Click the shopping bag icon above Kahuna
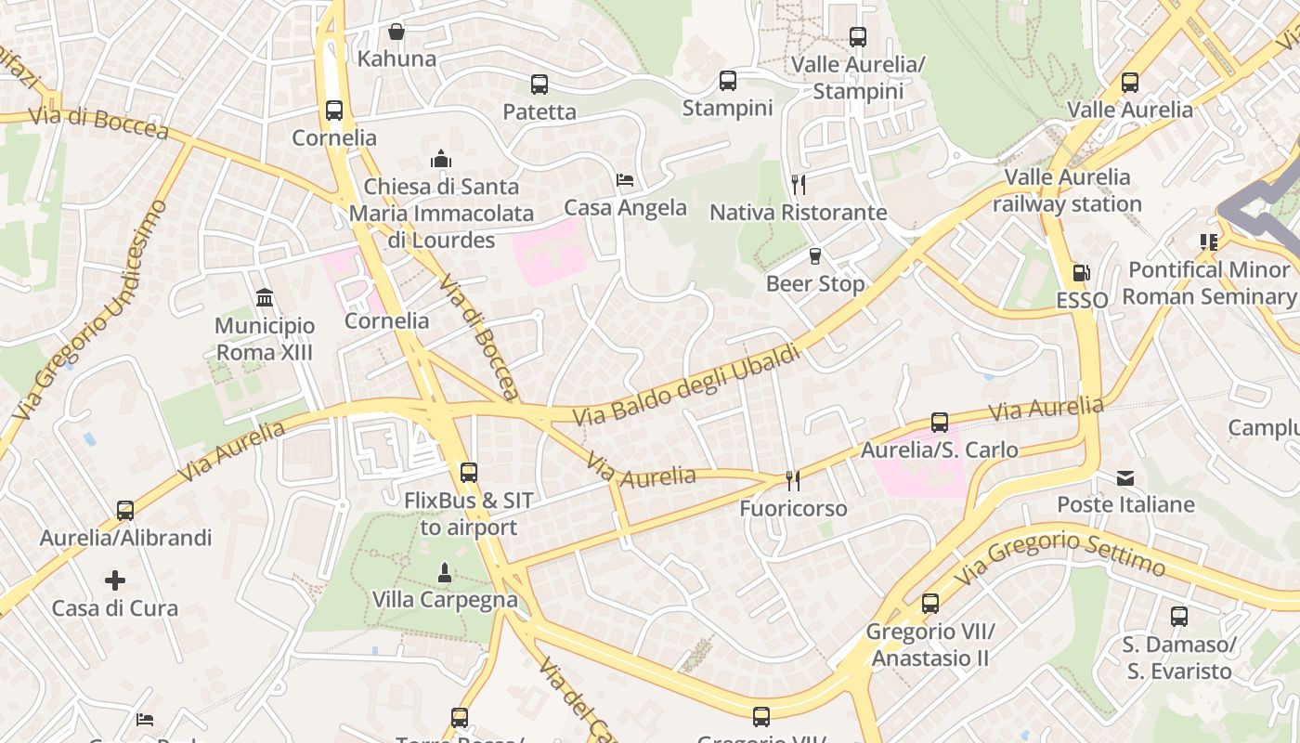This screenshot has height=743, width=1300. [x=396, y=32]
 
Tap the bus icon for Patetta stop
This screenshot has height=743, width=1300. [x=539, y=85]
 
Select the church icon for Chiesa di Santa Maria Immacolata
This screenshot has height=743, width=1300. [x=441, y=159]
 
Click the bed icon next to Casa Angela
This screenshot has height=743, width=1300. [x=625, y=180]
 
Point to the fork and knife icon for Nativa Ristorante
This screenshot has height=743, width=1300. [x=798, y=185]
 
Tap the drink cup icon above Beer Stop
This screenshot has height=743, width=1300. [x=815, y=256]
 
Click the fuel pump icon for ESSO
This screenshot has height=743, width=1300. [x=1081, y=273]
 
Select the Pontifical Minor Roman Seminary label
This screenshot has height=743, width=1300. [x=1208, y=283]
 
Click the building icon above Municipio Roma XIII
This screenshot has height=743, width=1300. [x=265, y=298]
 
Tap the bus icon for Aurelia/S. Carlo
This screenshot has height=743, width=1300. [x=940, y=423]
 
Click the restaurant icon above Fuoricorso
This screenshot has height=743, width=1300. [x=793, y=481]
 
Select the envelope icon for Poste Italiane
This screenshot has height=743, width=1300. [x=1125, y=478]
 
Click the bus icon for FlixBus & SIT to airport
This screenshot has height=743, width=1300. [x=469, y=473]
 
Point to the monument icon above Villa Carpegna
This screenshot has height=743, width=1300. [x=445, y=573]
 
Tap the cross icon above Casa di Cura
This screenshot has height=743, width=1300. [x=115, y=581]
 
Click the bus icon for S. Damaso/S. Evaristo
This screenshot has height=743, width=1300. [x=1178, y=617]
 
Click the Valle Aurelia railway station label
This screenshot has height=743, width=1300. [x=1067, y=190]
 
